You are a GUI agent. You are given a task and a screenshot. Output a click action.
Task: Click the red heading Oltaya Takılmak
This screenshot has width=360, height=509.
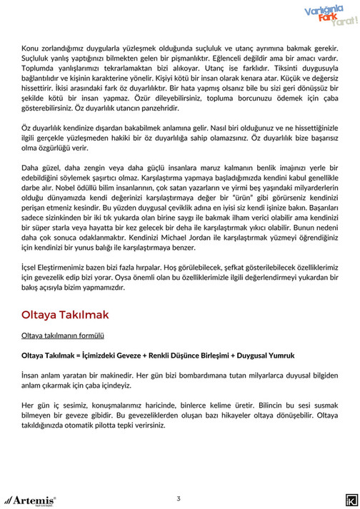65,315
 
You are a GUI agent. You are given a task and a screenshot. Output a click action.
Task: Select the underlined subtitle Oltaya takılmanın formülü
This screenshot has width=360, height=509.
63,334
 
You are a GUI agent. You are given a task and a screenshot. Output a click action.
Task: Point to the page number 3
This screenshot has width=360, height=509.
179,497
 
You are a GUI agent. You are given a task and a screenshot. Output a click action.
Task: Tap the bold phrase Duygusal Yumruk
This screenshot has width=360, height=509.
271,354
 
